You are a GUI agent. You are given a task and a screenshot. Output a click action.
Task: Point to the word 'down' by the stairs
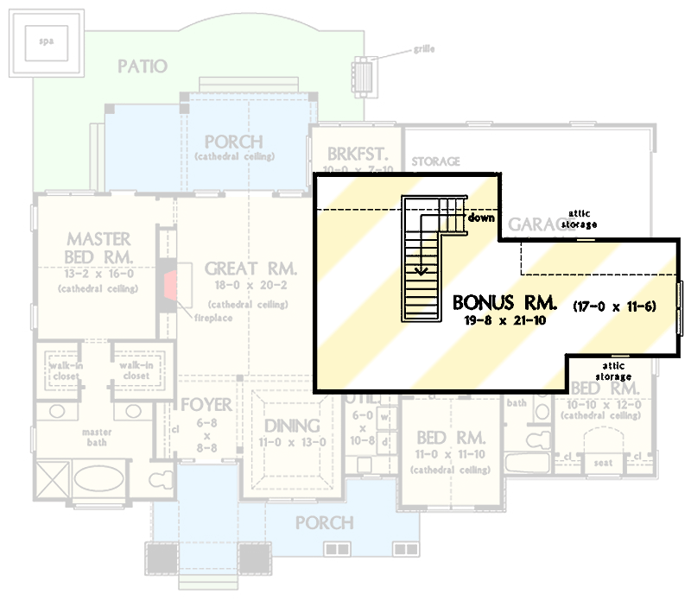click(x=481, y=218)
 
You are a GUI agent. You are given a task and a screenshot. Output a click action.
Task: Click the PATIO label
click(x=143, y=66)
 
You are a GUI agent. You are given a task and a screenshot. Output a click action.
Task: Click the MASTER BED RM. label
click(x=99, y=248)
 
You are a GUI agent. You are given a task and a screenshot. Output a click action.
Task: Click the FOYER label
click(x=206, y=405)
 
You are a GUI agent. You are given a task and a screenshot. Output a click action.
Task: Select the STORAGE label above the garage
click(x=435, y=161)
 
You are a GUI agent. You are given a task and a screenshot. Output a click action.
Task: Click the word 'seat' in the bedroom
click(x=602, y=463)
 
